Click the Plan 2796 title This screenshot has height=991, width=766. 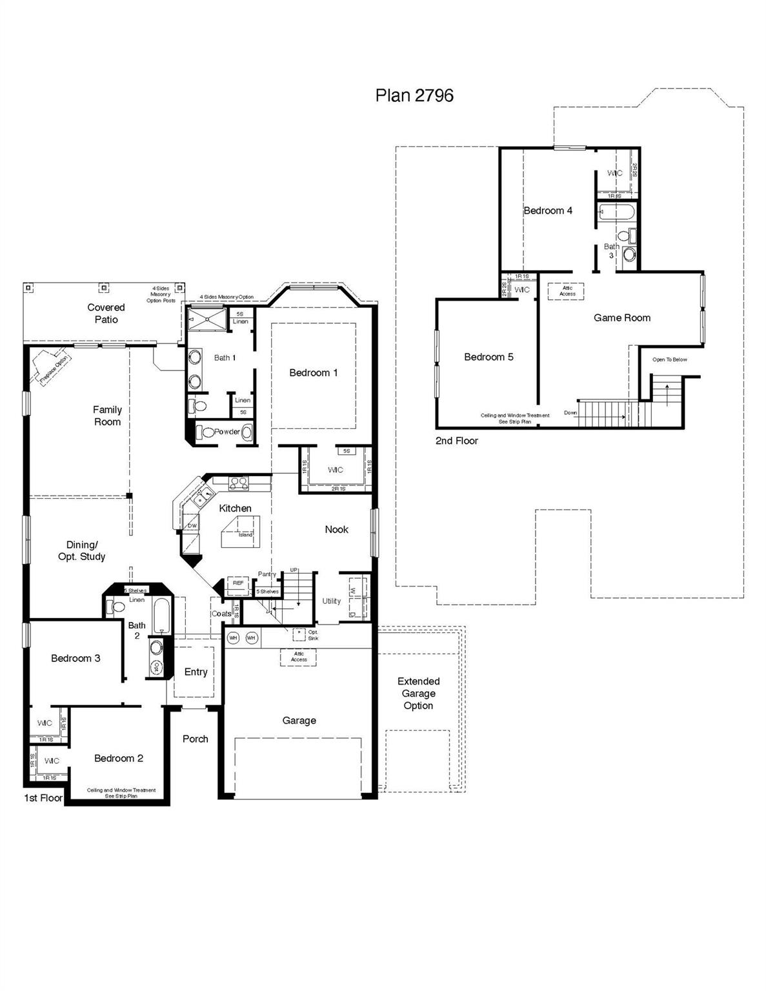(414, 95)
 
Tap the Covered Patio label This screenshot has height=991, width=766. (106, 314)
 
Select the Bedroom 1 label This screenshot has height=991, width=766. (313, 372)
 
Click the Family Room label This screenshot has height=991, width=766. (107, 415)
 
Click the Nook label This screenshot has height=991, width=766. (336, 529)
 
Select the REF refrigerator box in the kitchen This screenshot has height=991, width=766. (238, 583)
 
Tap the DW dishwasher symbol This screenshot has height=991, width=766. (192, 526)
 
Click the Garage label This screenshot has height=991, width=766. (299, 720)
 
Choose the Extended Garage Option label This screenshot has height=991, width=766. (418, 694)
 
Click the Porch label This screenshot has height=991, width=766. (195, 739)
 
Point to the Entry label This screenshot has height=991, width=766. (196, 672)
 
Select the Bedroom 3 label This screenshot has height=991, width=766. (76, 658)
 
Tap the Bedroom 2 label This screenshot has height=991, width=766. (119, 758)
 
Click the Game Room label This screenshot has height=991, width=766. (622, 317)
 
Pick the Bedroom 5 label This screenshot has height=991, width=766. (489, 357)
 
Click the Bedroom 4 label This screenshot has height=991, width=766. (548, 210)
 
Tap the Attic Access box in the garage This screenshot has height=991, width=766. (299, 657)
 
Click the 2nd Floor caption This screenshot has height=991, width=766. (457, 441)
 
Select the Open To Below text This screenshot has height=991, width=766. (669, 359)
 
